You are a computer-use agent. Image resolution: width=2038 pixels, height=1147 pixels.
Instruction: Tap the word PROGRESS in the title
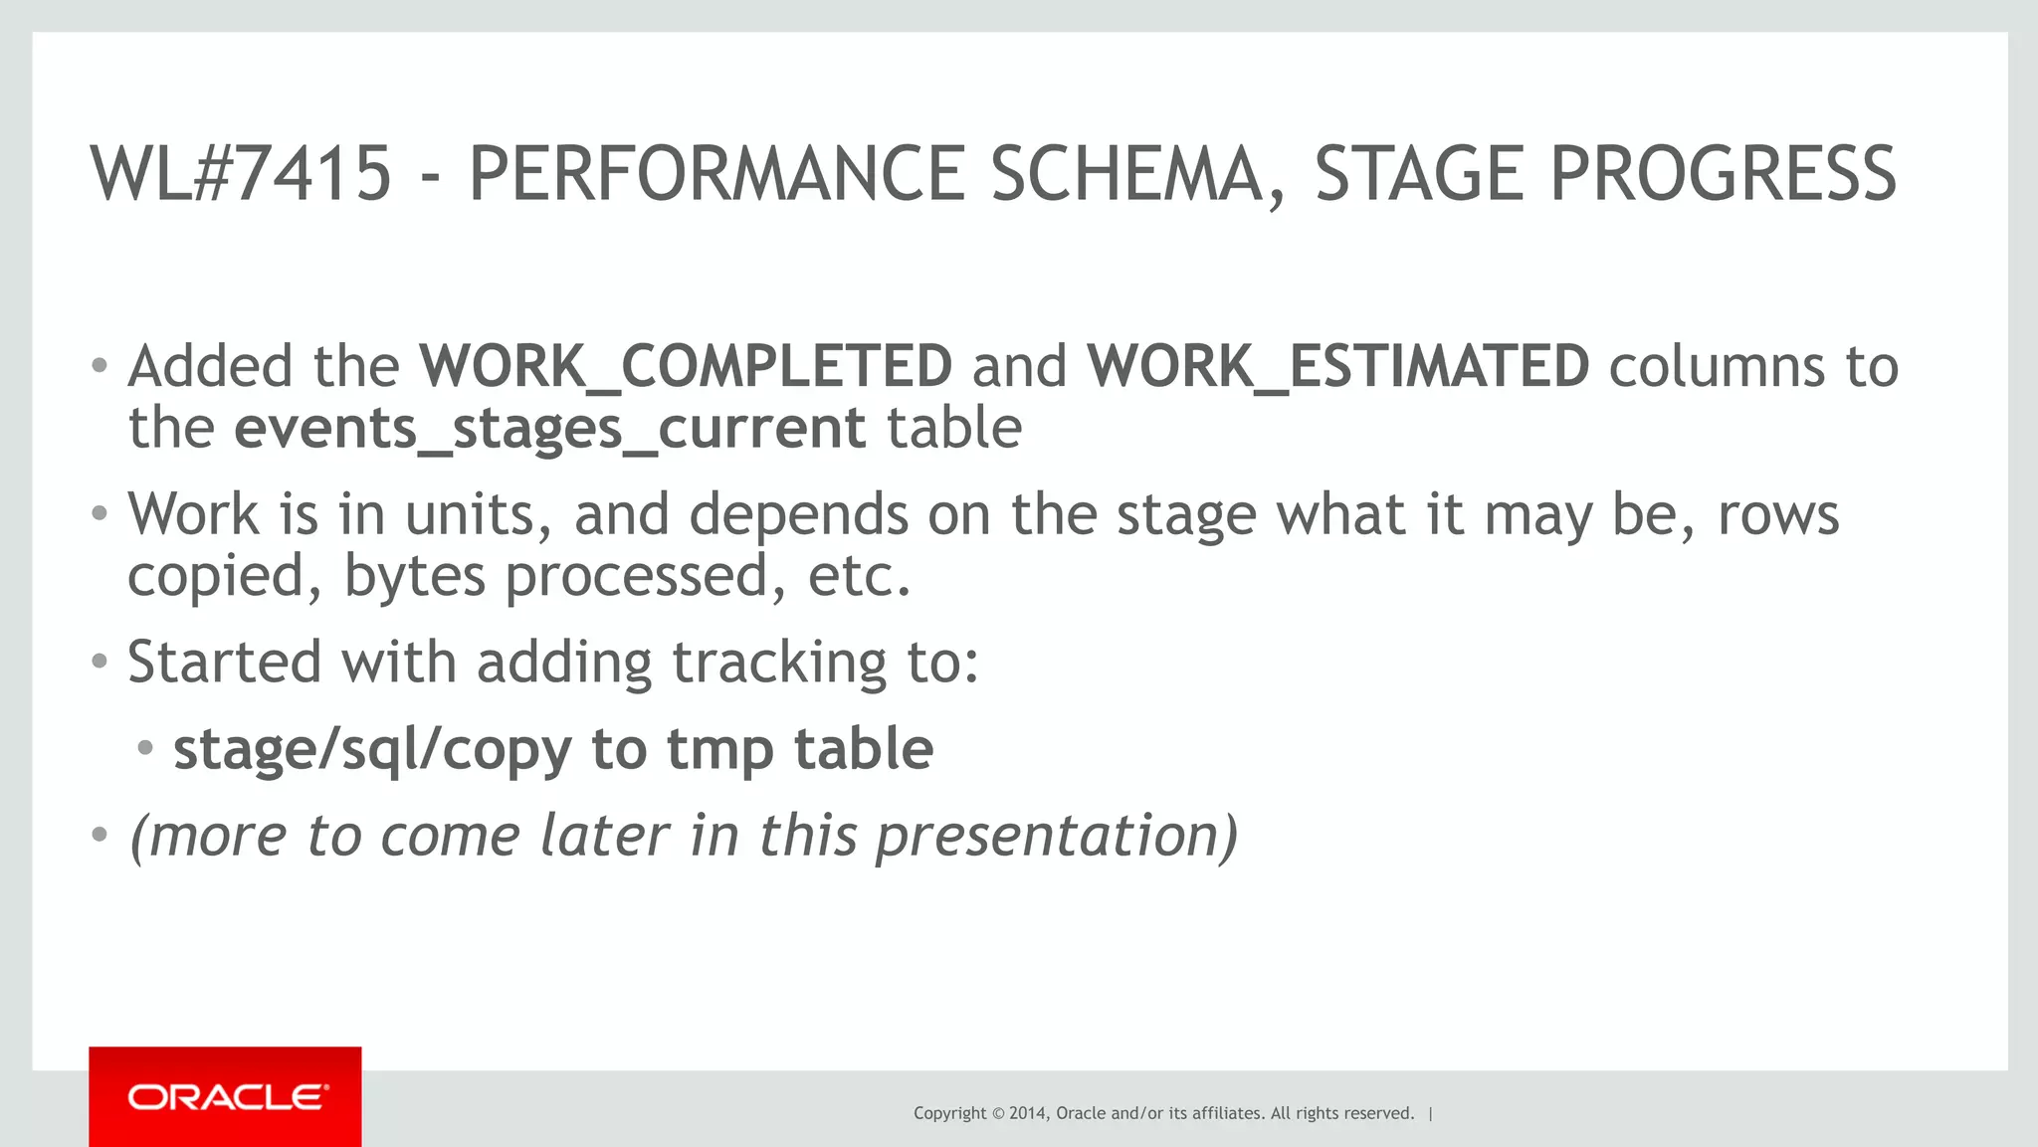[1723, 174]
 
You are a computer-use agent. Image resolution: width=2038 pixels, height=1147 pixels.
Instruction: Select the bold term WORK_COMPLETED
[686, 366]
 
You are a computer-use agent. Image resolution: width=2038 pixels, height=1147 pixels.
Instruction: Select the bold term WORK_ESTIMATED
[1338, 366]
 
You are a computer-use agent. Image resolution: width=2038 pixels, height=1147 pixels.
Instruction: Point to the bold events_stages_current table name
[550, 429]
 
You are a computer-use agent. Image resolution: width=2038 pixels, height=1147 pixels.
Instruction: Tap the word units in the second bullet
[478, 514]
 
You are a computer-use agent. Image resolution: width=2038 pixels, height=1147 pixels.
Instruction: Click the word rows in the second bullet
[1778, 514]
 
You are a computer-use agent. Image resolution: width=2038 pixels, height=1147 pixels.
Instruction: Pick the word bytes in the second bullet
[414, 576]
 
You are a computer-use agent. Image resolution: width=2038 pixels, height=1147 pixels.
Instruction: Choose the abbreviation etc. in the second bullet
[859, 576]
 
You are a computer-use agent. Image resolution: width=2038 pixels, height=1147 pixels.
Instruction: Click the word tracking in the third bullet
[779, 663]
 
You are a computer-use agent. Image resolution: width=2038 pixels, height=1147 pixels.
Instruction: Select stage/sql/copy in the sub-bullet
[372, 750]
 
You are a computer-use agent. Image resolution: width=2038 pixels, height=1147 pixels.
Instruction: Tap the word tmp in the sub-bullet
[719, 750]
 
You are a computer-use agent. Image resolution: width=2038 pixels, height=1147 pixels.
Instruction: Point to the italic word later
[604, 835]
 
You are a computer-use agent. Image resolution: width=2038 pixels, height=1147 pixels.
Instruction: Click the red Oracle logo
[225, 1097]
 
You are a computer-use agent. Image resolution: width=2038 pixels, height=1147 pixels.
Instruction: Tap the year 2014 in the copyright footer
[1027, 1113]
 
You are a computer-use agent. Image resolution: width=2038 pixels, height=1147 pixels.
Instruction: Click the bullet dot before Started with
[99, 662]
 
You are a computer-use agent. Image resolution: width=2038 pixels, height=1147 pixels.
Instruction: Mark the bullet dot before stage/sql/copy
[145, 748]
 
